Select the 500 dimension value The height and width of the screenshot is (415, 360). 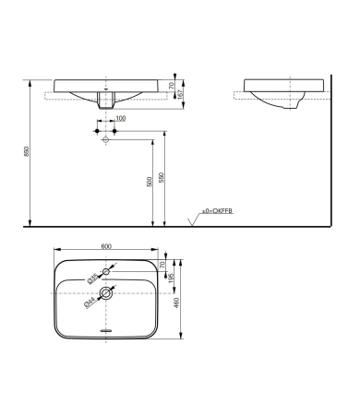149,182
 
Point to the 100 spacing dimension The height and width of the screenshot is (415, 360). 121,119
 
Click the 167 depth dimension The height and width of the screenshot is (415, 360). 184,93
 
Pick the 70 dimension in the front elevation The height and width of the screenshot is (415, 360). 184,83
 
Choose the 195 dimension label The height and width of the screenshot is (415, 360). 172,280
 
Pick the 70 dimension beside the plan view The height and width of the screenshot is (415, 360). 172,264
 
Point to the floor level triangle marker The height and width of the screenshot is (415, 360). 192,220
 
